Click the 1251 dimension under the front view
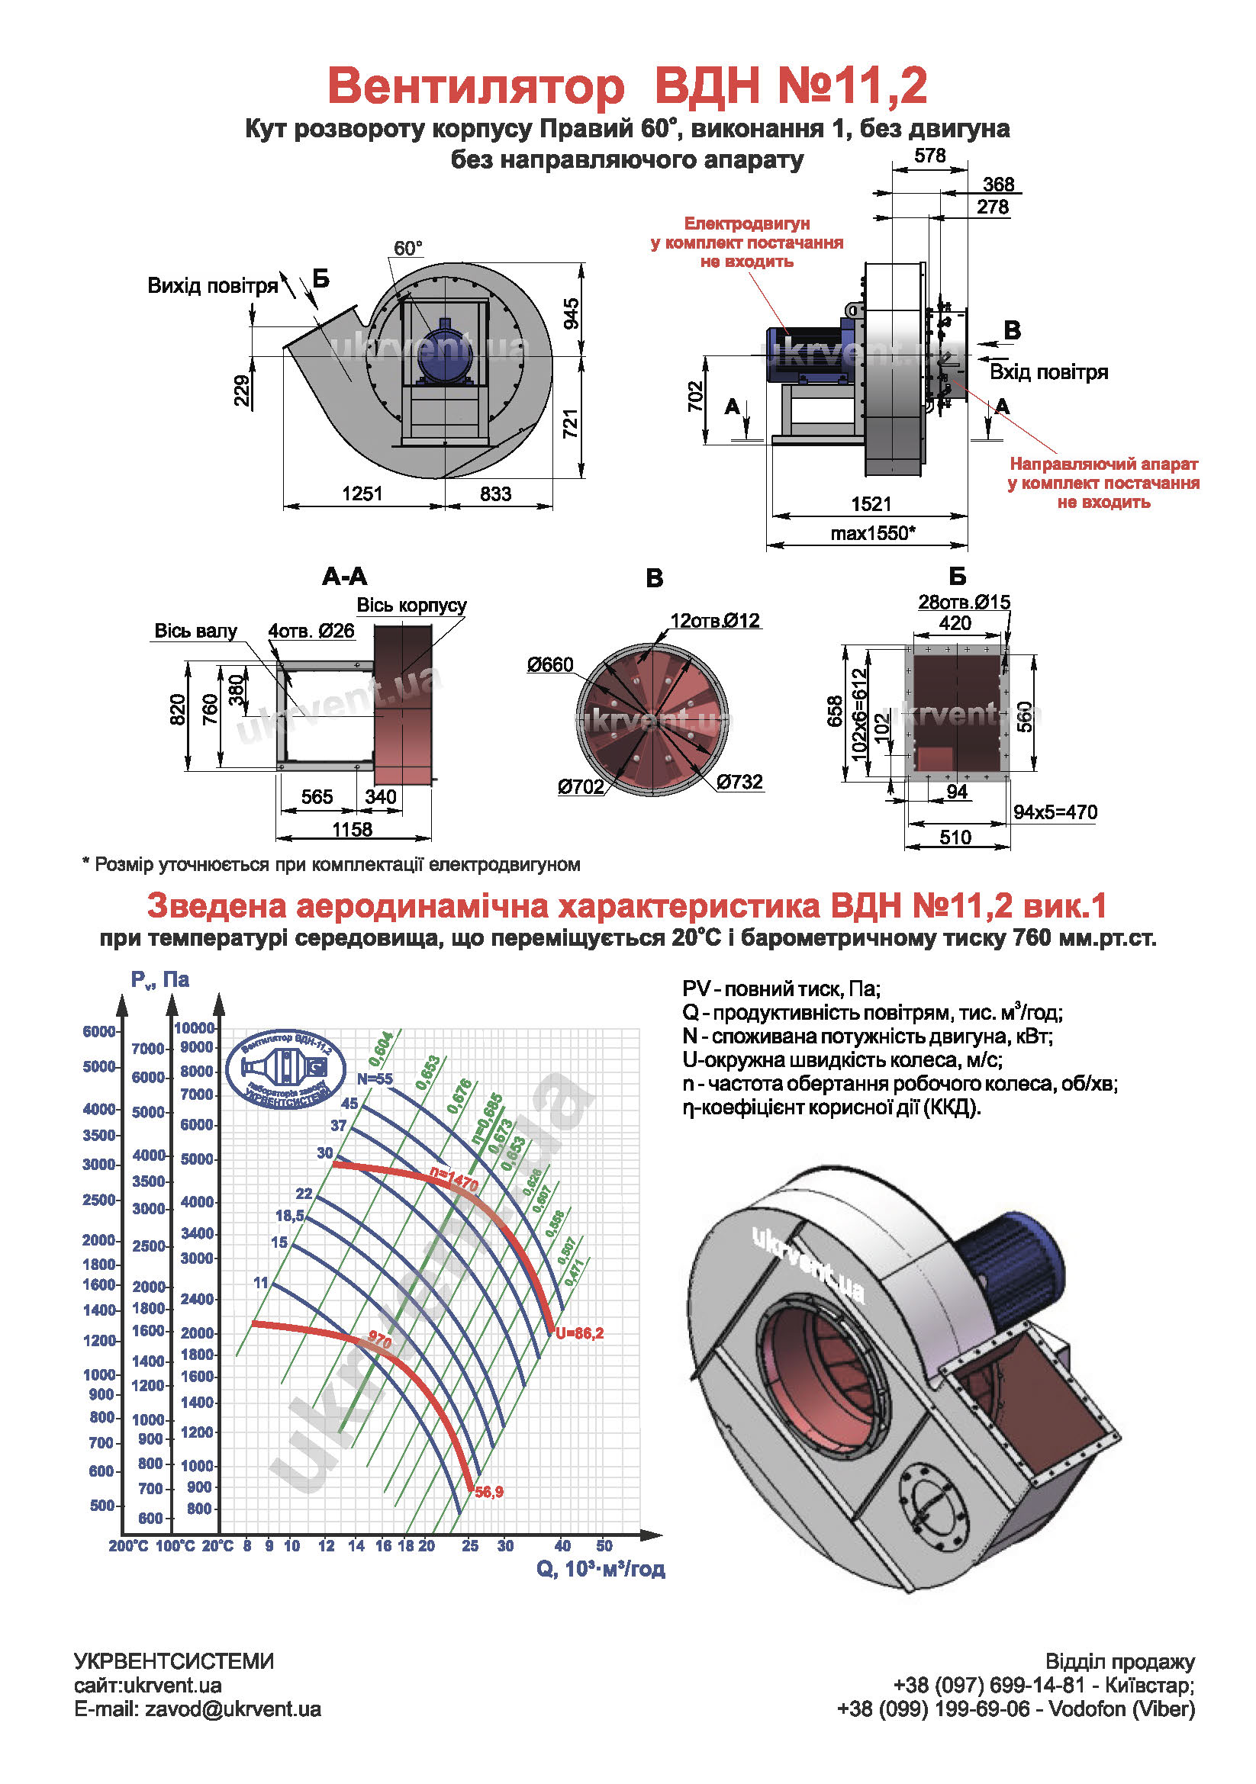coord(362,493)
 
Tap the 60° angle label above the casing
coord(407,249)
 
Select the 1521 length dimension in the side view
coord(871,504)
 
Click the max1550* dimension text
coord(872,533)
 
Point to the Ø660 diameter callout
coord(549,665)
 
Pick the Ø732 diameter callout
coord(739,782)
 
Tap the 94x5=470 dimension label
coord(1055,813)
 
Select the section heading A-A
coord(344,577)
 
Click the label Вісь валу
coord(195,631)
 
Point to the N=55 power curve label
coord(375,1079)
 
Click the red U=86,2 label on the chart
coord(579,1333)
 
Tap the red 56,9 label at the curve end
coord(489,1492)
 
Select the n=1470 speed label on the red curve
coord(454,1179)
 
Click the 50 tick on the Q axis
coord(604,1545)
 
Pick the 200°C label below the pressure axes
coord(128,1546)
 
